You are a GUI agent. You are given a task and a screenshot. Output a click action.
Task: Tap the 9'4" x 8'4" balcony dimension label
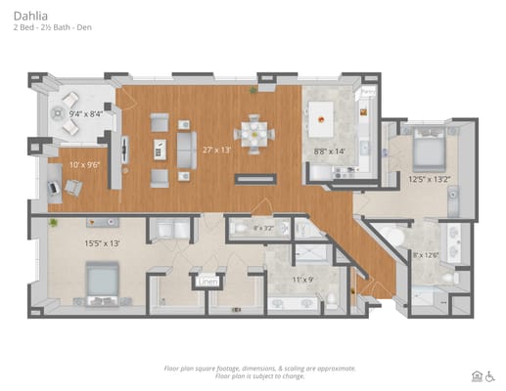[x=85, y=114]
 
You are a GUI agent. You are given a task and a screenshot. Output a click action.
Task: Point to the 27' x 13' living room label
[x=216, y=150]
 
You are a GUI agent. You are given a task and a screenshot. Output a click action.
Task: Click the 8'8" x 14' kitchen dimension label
[x=329, y=152]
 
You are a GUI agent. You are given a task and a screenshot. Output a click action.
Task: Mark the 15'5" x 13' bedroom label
[x=101, y=242]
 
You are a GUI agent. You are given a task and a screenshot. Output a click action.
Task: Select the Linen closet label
[x=207, y=282]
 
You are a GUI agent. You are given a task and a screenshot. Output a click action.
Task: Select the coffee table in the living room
[x=160, y=149]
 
